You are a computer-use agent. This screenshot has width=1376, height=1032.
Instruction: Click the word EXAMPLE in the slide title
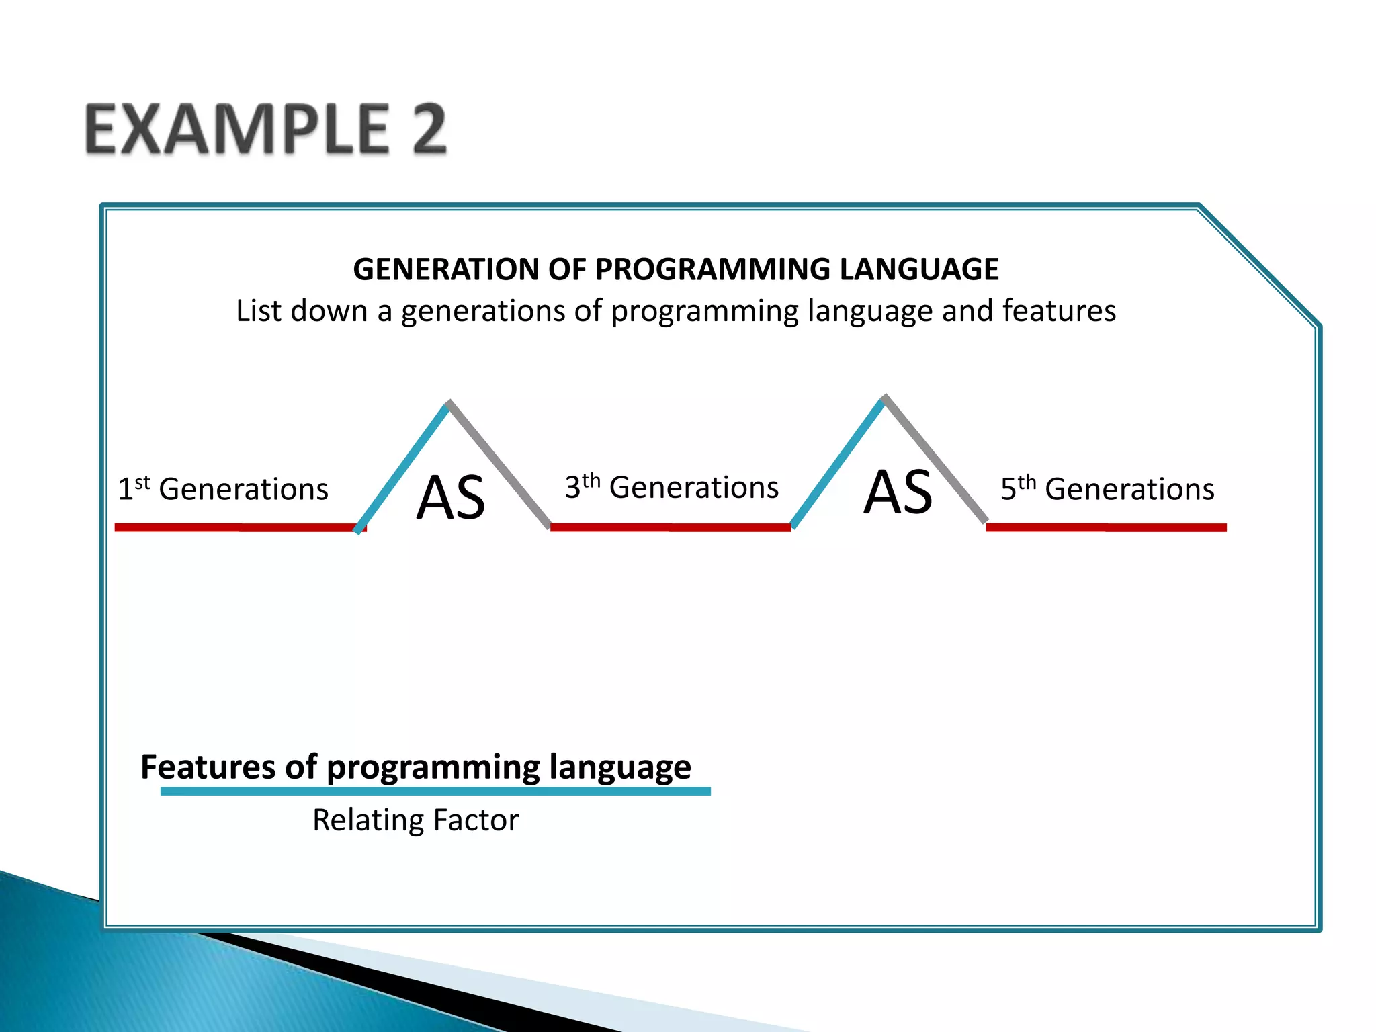pos(237,129)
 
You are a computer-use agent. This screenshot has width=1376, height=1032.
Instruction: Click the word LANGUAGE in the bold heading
pos(918,269)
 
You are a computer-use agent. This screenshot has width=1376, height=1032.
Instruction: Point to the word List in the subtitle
pos(259,311)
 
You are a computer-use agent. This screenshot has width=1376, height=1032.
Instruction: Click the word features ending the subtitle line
pos(1059,311)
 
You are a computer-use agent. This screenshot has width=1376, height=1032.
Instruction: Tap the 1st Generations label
pos(223,488)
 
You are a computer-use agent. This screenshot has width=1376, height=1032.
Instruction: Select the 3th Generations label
pos(671,487)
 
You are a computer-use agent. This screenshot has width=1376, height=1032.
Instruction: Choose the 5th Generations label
pos(1107,488)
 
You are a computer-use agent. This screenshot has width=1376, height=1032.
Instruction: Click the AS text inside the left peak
pos(450,498)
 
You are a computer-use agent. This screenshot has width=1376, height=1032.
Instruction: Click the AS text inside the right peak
pos(898,492)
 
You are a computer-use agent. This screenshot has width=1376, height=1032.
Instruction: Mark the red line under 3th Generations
pos(670,527)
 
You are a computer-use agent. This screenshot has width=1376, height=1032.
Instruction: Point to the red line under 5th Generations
pos(1106,527)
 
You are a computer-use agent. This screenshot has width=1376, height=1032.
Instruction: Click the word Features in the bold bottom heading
pos(208,767)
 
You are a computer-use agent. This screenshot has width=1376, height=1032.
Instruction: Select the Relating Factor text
pos(415,820)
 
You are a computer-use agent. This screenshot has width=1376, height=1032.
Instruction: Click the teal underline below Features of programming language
pos(435,791)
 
